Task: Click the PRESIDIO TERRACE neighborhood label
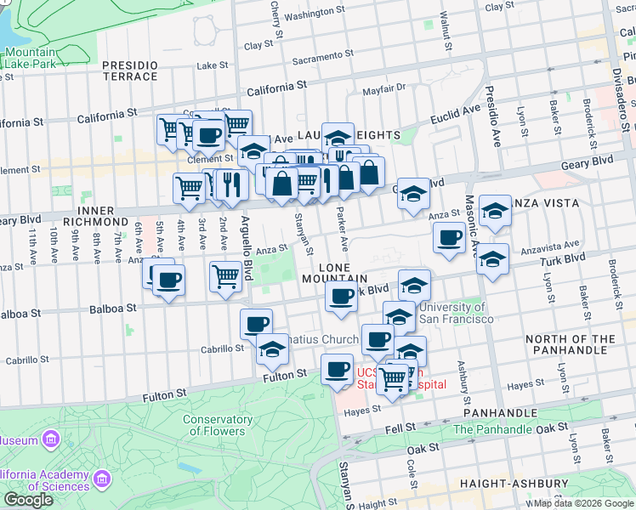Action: coord(129,71)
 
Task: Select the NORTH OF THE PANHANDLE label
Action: coord(570,345)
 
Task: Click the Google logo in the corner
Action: coord(28,500)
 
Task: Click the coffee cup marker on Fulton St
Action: coord(337,370)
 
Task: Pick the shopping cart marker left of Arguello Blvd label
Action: coord(225,276)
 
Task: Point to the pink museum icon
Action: coord(50,439)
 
